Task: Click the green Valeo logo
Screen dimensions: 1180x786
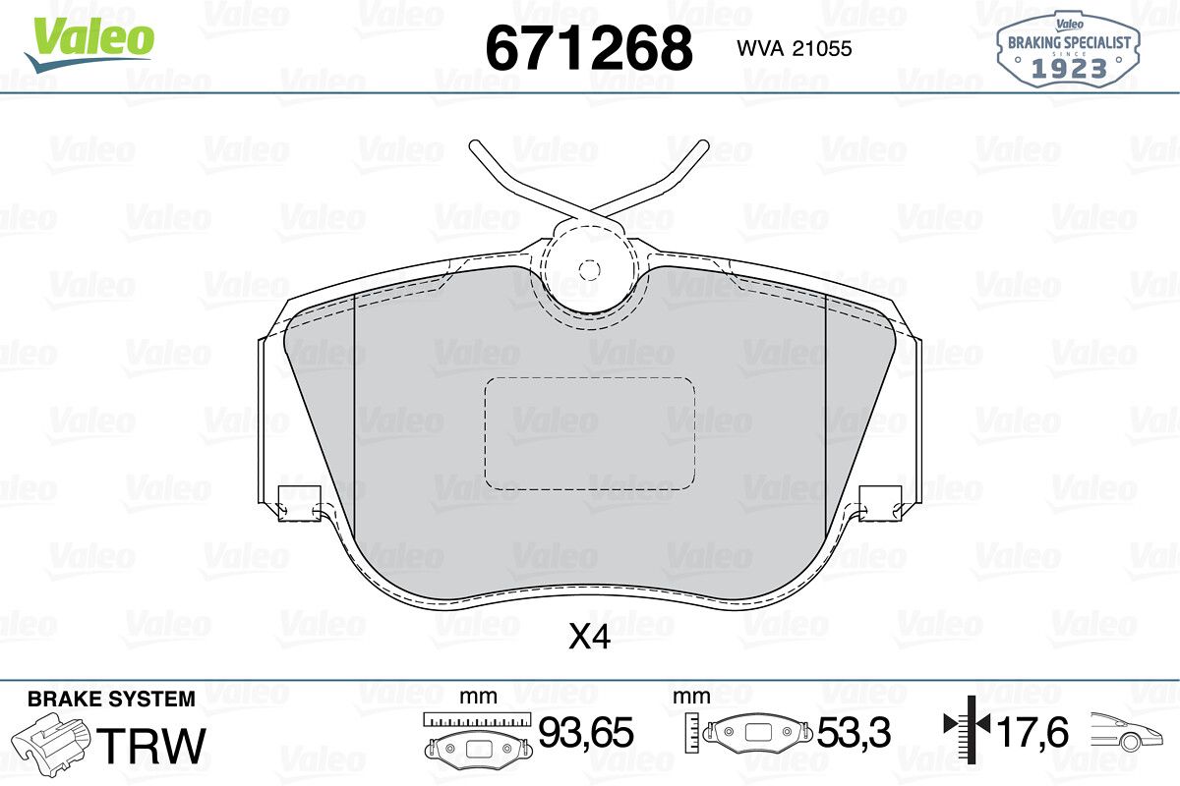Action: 89,43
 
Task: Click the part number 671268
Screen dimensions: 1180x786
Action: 589,48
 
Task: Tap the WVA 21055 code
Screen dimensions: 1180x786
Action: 794,49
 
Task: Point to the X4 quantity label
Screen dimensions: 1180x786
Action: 589,638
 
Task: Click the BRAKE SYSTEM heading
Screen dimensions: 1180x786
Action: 111,700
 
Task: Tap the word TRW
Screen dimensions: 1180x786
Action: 151,745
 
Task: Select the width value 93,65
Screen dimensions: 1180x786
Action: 585,733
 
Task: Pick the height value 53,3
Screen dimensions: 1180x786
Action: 854,733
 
